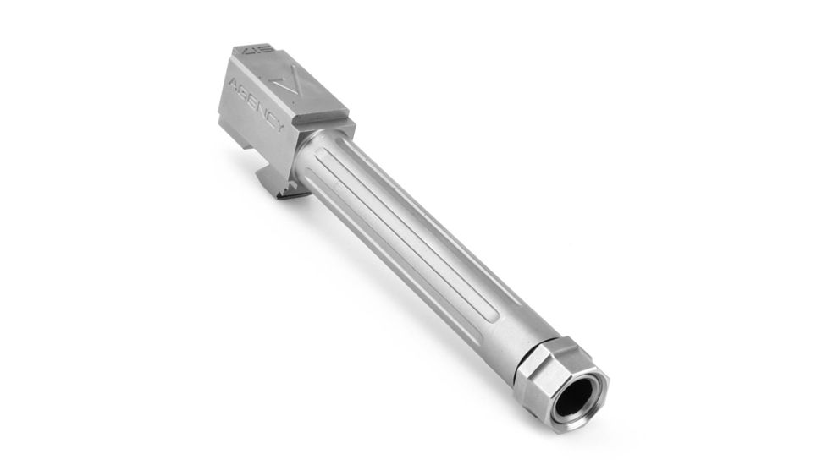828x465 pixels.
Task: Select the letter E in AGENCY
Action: click(x=254, y=101)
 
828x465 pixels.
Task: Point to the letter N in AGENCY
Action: click(x=263, y=109)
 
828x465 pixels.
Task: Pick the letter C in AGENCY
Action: click(x=273, y=118)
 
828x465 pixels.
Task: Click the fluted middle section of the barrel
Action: click(x=415, y=228)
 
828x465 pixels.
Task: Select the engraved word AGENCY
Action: click(x=259, y=106)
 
